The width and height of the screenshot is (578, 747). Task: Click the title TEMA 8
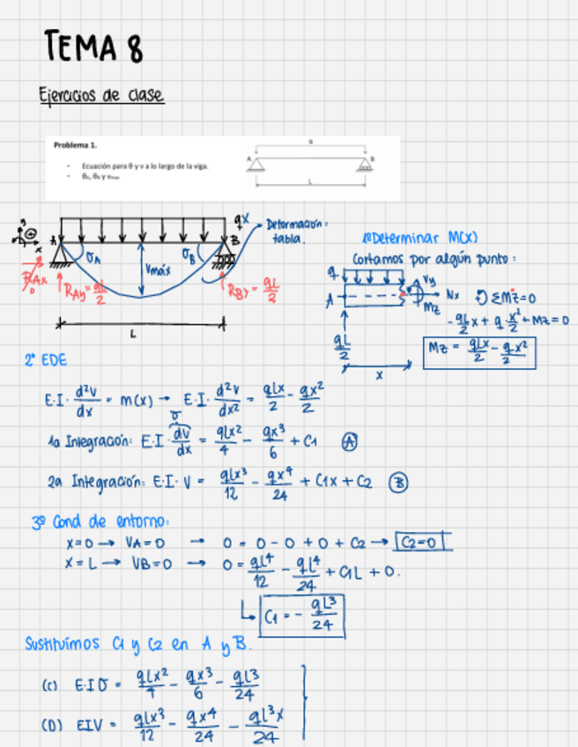93,47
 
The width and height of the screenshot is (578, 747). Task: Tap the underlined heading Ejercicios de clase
100,95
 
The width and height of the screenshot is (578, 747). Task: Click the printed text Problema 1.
75,145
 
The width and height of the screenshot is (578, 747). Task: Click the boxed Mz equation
480,354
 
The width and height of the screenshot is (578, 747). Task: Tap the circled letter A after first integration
348,445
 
